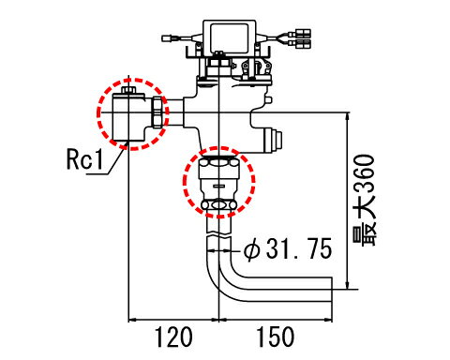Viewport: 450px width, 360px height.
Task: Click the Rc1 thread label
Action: pos(84,158)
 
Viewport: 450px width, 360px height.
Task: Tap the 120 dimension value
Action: pos(173,337)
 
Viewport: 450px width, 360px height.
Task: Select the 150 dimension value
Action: pos(276,337)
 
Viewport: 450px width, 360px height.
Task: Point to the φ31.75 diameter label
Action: pos(288,248)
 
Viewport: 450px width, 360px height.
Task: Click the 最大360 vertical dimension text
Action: pos(365,200)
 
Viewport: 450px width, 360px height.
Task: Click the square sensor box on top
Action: pos(230,37)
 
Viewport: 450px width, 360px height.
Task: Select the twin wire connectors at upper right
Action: pos(300,38)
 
